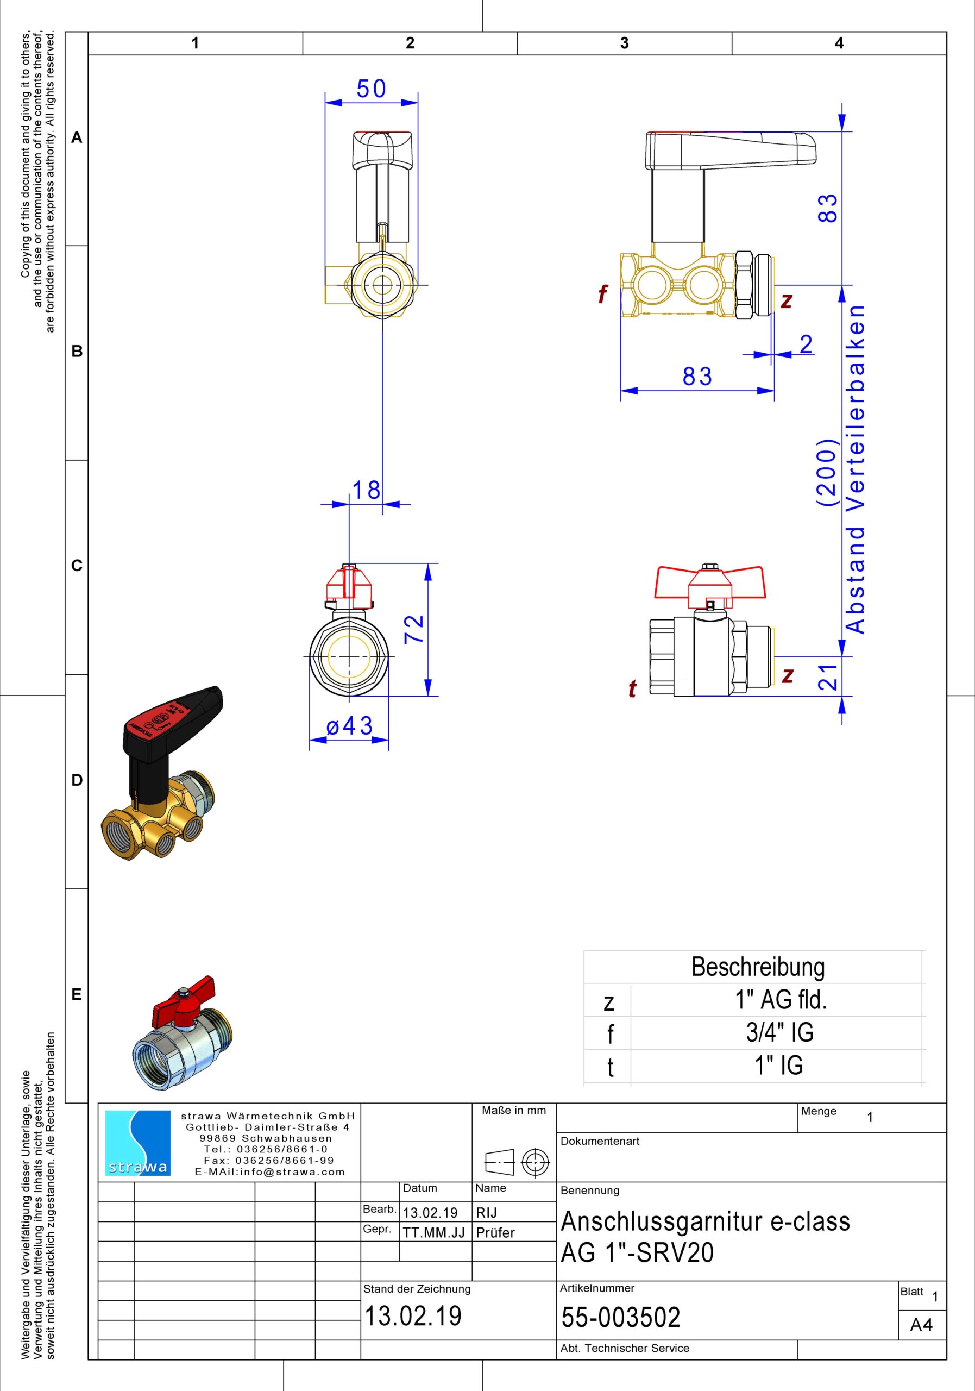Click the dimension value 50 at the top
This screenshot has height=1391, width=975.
370,89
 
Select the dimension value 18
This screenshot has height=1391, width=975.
367,490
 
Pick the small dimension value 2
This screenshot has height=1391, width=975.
806,344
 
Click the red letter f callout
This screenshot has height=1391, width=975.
602,295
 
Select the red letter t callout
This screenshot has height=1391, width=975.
632,689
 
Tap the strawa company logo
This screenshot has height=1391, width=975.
138,1143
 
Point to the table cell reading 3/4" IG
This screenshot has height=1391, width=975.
779,1032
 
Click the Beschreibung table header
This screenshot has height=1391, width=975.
758,967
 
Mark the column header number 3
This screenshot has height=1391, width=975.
624,43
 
